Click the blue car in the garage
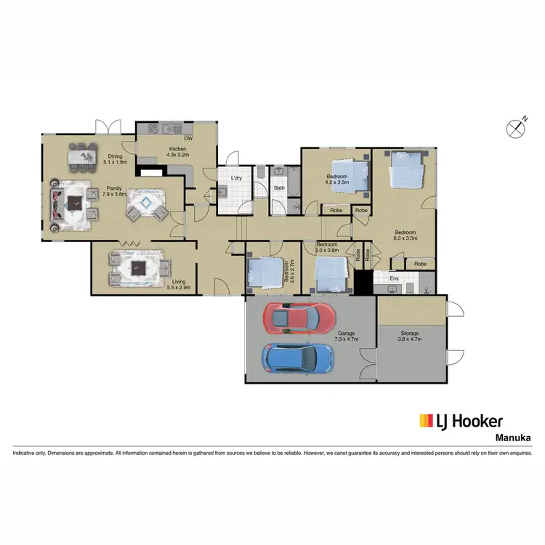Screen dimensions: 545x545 coord(298,357)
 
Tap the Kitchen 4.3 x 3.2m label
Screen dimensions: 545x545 coord(177,151)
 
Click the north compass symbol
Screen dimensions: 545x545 coord(515,128)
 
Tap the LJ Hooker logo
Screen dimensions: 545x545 coord(461,421)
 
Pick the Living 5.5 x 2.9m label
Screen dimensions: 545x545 coord(177,284)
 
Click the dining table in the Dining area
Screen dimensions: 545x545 coord(83,154)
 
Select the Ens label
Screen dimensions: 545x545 coord(393,278)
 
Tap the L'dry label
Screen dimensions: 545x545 coord(236,178)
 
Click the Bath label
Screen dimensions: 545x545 coord(279,188)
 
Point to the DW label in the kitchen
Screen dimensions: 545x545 coord(188,137)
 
